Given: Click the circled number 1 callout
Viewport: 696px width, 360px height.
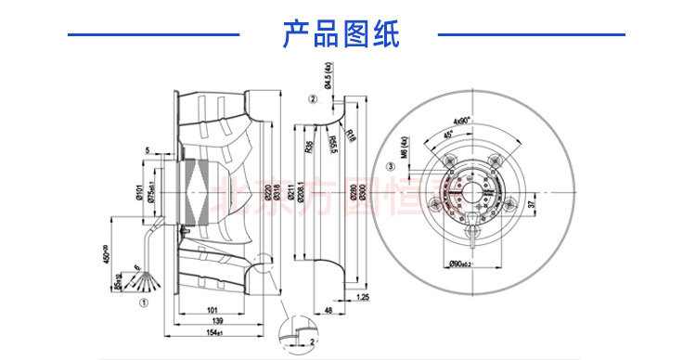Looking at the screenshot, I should click(143, 301).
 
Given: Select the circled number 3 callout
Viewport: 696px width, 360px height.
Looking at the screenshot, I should click(391, 167).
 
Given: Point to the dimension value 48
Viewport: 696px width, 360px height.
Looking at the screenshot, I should click(330, 310).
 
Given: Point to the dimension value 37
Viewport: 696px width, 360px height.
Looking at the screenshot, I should click(532, 203).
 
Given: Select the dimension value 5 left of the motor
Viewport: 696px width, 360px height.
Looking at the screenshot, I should click(147, 149).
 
